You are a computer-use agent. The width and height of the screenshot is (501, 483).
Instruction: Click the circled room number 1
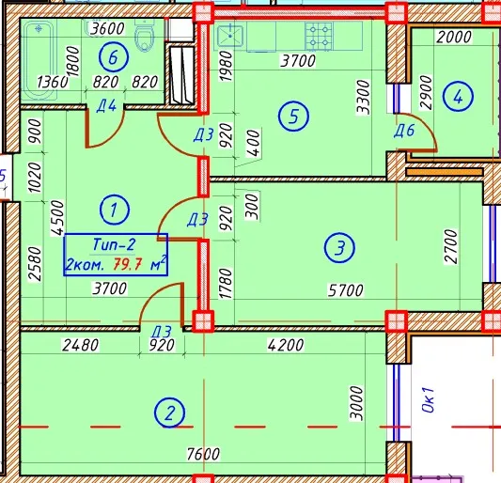point(115,210)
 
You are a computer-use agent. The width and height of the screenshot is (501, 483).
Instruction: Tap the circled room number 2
point(169,413)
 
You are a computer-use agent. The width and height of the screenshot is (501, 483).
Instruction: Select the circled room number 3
point(339,247)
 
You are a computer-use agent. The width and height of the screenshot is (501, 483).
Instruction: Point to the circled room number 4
point(458,96)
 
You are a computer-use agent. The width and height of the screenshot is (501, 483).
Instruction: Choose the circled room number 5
point(293,116)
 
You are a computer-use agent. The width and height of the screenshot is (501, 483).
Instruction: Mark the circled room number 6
point(114,57)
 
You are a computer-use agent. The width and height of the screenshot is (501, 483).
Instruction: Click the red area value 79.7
point(128,264)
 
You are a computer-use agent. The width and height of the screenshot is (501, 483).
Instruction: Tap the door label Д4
point(106,106)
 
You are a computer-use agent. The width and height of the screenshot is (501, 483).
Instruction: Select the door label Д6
point(404,131)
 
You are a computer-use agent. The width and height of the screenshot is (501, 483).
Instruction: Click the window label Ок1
point(428,399)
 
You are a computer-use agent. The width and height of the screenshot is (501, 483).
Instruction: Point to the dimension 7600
point(204,454)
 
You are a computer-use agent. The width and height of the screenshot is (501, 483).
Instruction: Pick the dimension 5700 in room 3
point(346,290)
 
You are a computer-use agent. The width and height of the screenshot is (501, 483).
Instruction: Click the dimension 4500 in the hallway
point(57,218)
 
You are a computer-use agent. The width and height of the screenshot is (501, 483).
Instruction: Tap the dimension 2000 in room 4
point(454,37)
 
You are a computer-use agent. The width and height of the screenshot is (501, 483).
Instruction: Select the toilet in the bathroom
point(145,34)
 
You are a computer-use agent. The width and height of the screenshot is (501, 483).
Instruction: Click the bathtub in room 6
point(39,61)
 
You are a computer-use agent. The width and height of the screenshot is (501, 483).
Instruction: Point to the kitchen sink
point(230,36)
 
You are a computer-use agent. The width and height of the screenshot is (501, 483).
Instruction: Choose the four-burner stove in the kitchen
point(319,36)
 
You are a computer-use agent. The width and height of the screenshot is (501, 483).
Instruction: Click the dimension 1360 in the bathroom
point(53,82)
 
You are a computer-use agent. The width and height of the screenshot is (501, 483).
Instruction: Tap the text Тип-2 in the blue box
point(114,244)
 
